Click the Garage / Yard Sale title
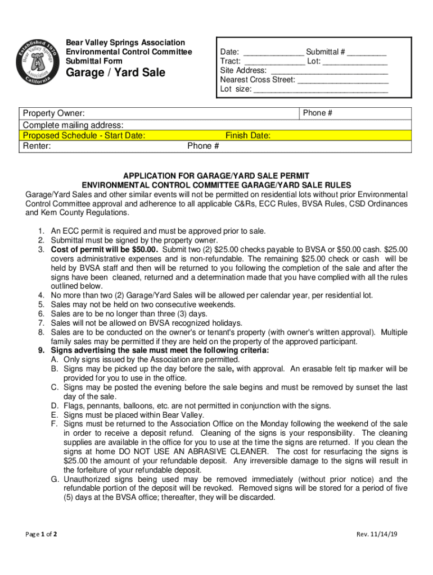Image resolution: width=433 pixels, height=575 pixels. point(116,73)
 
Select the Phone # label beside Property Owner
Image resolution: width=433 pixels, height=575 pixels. point(318,113)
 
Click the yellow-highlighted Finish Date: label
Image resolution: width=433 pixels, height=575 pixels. point(248,136)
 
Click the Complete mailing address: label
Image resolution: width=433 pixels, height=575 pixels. point(73,125)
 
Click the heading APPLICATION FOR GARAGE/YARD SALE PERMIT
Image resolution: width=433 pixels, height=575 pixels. point(216,176)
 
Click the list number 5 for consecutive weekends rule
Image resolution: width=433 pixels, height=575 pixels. point(41,304)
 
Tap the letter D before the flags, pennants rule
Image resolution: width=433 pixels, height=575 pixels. point(55,406)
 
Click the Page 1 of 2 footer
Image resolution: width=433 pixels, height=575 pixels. point(41,534)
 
